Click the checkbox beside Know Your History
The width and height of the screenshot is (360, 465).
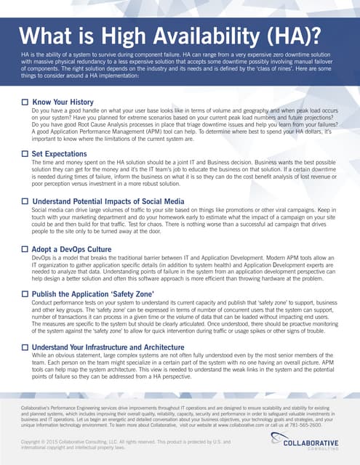coord(25,102)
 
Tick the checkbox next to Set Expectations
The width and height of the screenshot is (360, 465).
coord(25,154)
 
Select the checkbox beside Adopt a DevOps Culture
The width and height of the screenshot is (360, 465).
coord(25,249)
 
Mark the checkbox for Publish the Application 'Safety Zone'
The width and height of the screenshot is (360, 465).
coord(25,294)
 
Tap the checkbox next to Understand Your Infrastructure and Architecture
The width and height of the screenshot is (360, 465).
coord(25,348)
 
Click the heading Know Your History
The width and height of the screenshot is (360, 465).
coord(63,102)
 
